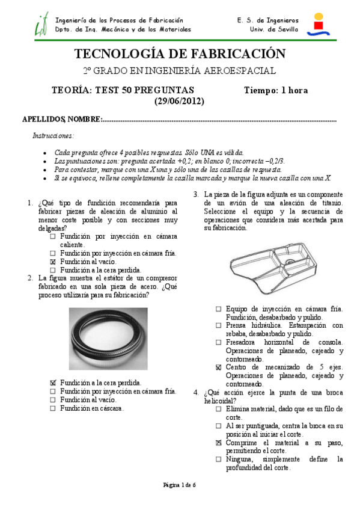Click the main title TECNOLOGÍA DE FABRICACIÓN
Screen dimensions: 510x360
179,54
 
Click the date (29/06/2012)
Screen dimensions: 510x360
179,101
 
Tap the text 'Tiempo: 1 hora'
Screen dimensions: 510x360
276,91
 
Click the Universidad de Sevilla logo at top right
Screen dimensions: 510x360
318,25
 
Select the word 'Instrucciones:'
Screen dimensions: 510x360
53,136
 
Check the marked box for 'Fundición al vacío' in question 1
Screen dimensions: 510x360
53,262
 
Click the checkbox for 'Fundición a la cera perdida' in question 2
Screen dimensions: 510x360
53,382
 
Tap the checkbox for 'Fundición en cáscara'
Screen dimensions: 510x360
53,408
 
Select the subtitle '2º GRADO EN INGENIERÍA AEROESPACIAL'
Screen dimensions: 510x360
179,71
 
